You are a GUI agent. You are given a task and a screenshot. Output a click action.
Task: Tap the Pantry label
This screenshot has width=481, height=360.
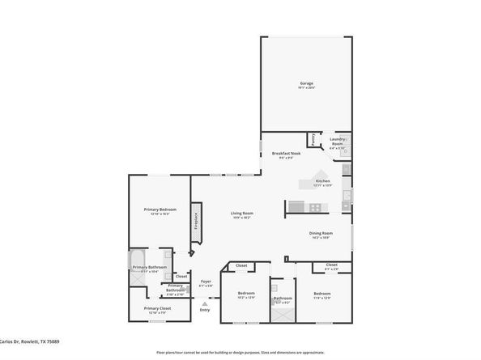click(313, 139)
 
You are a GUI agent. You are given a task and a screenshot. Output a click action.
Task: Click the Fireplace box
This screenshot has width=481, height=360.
click(194, 222)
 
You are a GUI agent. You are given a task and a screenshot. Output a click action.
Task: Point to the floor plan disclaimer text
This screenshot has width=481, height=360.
click(240, 353)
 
